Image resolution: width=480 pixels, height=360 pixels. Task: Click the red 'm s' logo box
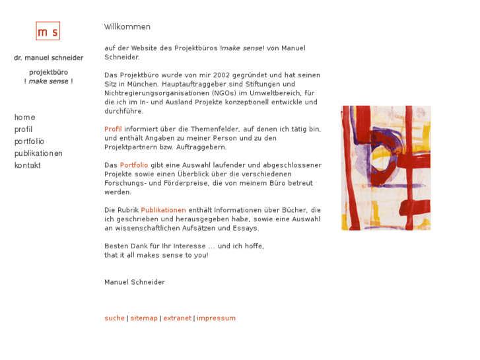click(x=48, y=31)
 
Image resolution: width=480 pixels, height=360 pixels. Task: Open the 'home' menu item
click(x=24, y=118)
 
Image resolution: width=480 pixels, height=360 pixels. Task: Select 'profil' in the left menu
click(x=23, y=129)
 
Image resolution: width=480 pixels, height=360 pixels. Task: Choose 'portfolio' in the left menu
click(x=29, y=141)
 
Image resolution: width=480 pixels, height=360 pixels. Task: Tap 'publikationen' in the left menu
click(x=38, y=153)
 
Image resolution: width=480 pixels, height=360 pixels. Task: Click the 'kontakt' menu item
click(x=27, y=165)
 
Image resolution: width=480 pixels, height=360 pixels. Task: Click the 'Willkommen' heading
click(x=127, y=27)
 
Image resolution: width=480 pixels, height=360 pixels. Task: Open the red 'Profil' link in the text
click(x=113, y=129)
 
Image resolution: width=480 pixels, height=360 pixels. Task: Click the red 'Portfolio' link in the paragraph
click(x=134, y=165)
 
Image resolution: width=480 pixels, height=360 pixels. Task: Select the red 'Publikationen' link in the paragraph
click(x=163, y=210)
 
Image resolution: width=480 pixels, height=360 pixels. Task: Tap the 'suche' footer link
click(x=114, y=318)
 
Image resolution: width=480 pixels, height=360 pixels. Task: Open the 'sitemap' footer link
click(x=144, y=318)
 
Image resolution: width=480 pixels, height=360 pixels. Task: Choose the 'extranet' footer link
click(x=177, y=318)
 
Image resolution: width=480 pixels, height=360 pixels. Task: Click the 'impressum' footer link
click(x=216, y=318)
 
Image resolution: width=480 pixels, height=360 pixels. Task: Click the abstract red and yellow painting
click(x=386, y=168)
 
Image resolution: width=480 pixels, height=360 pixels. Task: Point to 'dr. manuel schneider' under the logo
click(x=49, y=58)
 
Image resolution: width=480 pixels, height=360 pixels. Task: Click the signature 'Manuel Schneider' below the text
click(x=135, y=282)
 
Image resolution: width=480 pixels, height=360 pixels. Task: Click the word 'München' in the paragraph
click(x=131, y=85)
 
